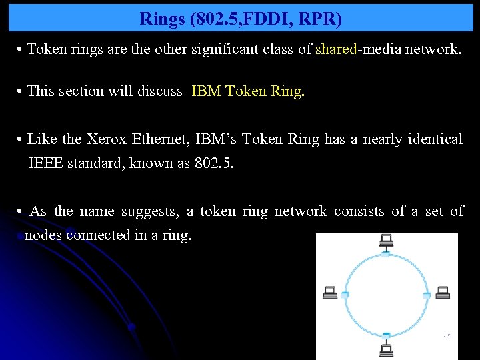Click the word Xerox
coord(103,139)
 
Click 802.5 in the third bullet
coord(214,163)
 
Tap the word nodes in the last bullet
coord(44,235)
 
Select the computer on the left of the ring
coord(329,292)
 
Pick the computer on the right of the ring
coord(443,292)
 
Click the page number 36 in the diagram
coord(447,335)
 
